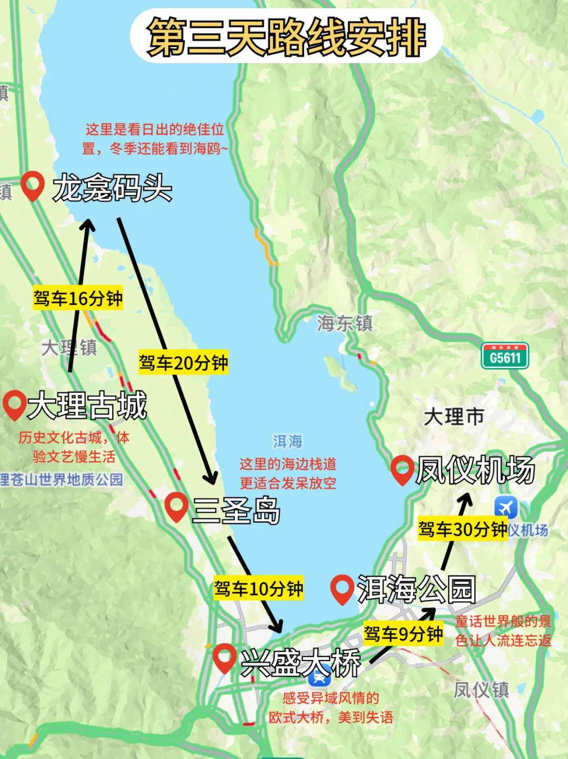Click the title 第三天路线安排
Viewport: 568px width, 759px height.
pyautogui.click(x=287, y=37)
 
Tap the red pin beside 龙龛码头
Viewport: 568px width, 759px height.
pyautogui.click(x=33, y=185)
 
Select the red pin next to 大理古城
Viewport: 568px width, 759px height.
pyautogui.click(x=14, y=404)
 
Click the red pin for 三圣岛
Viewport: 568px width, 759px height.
pyautogui.click(x=176, y=507)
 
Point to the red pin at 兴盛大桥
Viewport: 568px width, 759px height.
pyautogui.click(x=225, y=657)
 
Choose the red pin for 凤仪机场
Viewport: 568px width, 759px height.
pyautogui.click(x=403, y=469)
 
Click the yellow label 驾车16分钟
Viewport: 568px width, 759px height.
pyautogui.click(x=78, y=298)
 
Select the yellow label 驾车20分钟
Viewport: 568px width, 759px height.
pyautogui.click(x=183, y=362)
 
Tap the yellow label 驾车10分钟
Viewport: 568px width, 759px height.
pyautogui.click(x=258, y=589)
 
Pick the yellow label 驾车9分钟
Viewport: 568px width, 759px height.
pyautogui.click(x=403, y=634)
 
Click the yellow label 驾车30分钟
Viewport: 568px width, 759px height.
pyautogui.click(x=463, y=529)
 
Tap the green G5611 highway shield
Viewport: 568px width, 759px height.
pyautogui.click(x=505, y=357)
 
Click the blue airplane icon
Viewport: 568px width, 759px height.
pyautogui.click(x=506, y=508)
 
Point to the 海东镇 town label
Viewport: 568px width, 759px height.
pyautogui.click(x=345, y=323)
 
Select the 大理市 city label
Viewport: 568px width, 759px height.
pyautogui.click(x=454, y=417)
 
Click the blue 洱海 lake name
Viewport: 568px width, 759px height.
pyautogui.click(x=288, y=441)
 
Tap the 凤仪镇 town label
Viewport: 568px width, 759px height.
pyautogui.click(x=481, y=689)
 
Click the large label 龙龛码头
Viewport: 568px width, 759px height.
pyautogui.click(x=112, y=188)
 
